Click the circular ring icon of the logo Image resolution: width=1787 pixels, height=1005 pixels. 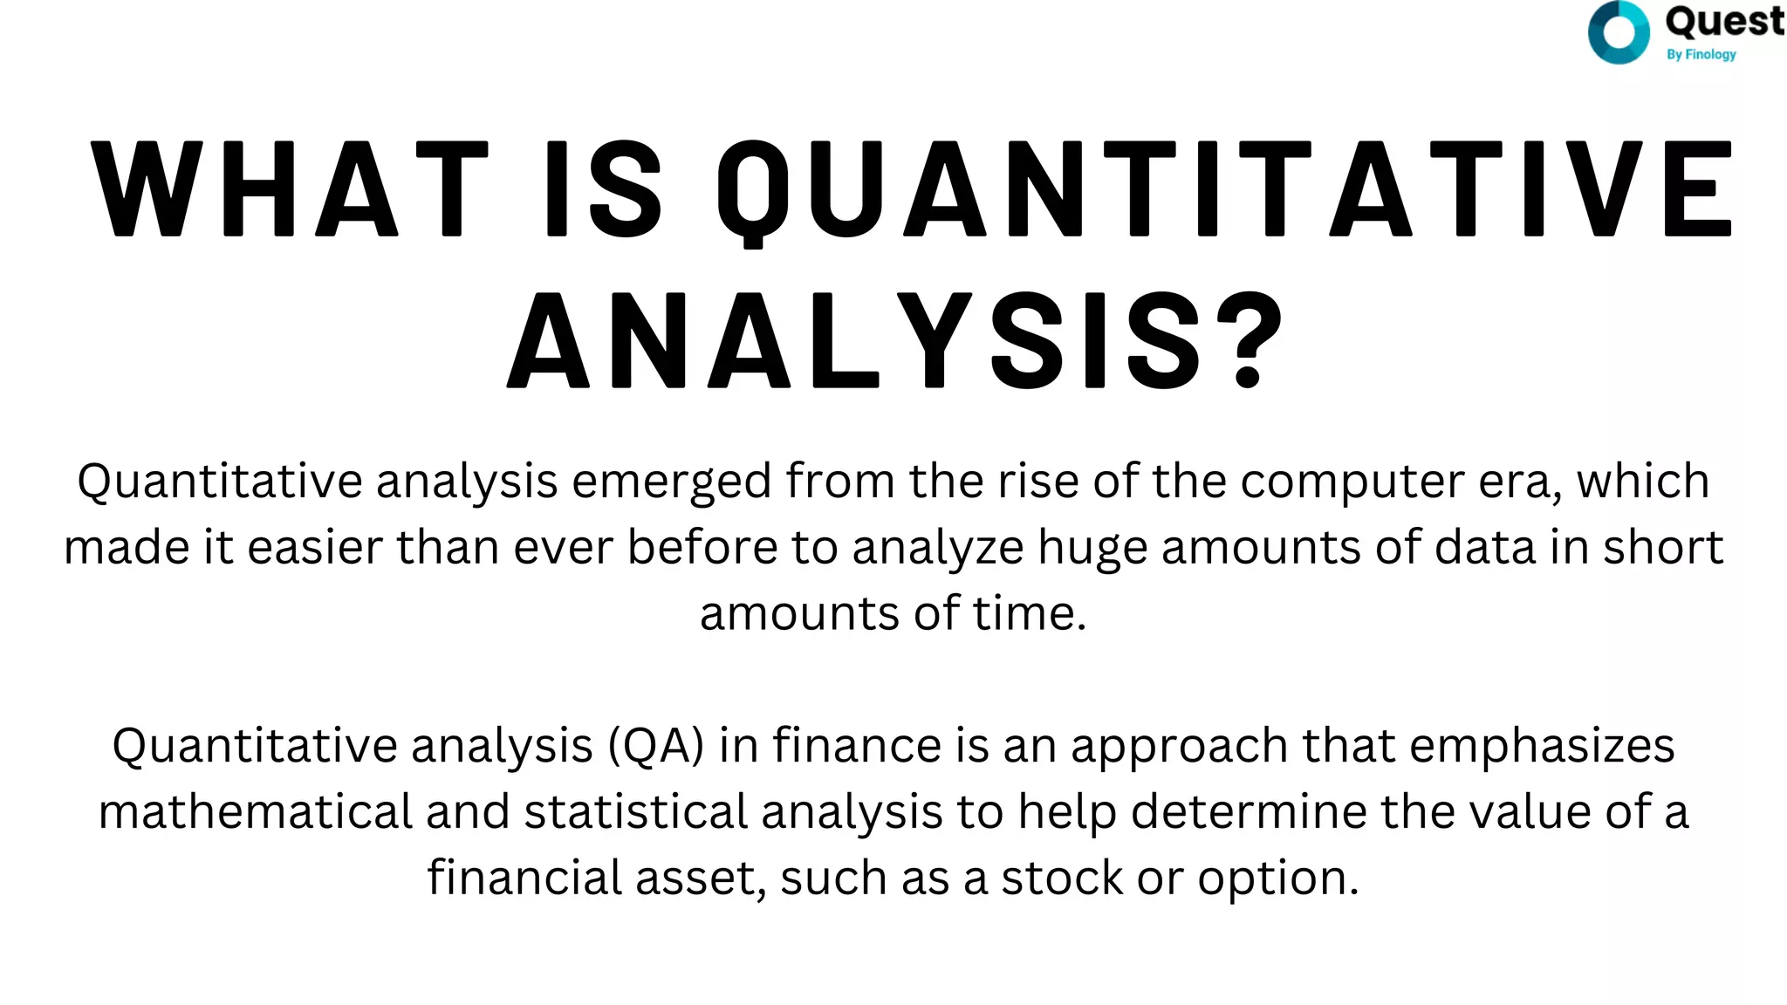click(x=1619, y=33)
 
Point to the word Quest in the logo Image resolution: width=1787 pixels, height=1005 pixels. click(x=1724, y=21)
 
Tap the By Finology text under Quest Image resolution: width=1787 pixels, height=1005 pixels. click(x=1701, y=54)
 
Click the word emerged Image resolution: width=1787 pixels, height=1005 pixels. click(x=671, y=482)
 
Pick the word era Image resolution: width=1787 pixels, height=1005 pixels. click(x=1520, y=482)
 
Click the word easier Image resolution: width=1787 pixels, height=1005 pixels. click(x=315, y=548)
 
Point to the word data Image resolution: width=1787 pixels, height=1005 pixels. click(x=1484, y=548)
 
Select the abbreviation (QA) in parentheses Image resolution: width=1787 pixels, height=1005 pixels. click(x=655, y=747)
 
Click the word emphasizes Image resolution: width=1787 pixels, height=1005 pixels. click(x=1542, y=747)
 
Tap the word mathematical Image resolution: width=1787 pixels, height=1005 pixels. click(x=255, y=812)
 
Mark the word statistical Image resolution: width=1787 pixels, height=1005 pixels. click(x=636, y=812)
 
